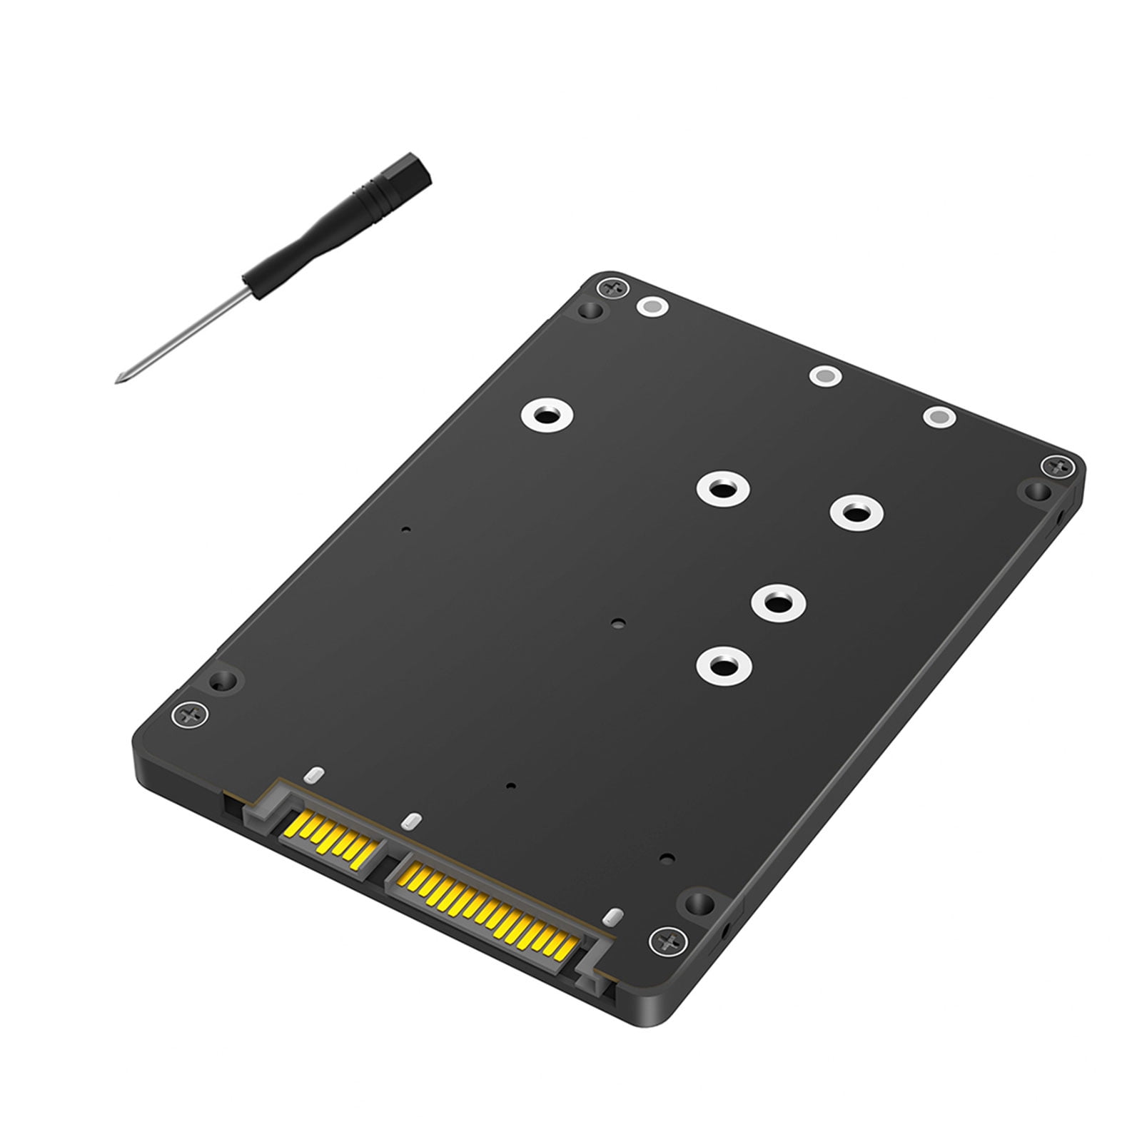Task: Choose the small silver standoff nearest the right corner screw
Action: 939,417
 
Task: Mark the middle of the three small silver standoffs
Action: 824,375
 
